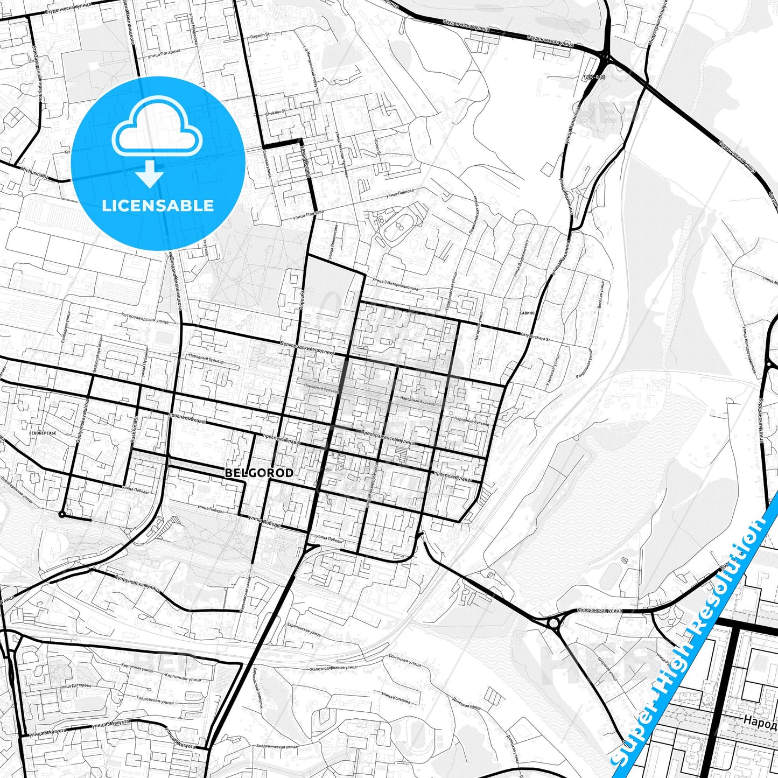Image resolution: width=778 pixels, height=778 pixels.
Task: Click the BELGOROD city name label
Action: (259, 473)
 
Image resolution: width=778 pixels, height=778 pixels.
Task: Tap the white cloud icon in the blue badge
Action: (157, 129)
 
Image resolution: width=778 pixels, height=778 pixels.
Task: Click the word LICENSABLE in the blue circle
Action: (158, 205)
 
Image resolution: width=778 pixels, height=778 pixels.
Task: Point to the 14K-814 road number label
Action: (594, 78)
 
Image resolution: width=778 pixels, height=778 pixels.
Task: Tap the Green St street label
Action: (378, 145)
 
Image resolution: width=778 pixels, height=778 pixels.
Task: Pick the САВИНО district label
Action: (527, 313)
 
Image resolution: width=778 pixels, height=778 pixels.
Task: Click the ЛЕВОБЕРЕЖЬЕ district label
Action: (43, 432)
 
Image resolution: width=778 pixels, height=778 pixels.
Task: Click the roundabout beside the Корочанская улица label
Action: (553, 623)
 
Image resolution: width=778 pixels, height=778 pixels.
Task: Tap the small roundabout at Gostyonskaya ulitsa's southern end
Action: (62, 515)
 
